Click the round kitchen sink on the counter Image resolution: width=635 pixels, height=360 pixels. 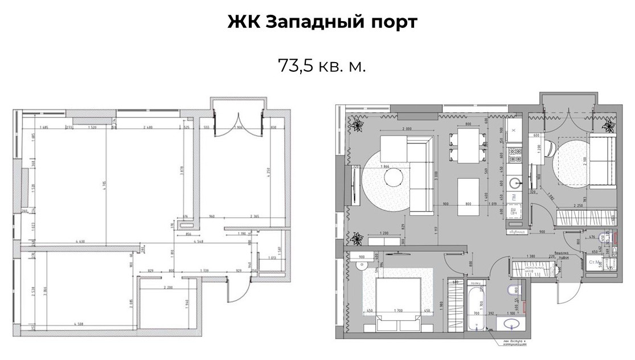click(x=515, y=182)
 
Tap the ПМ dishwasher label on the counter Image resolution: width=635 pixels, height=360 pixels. click(x=514, y=197)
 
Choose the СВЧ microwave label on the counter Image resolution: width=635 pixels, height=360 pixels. click(x=514, y=212)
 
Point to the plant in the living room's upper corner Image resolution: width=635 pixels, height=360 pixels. click(x=358, y=124)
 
